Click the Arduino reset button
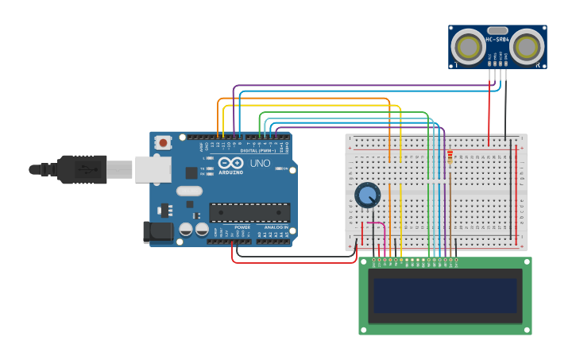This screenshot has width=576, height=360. click(x=163, y=143)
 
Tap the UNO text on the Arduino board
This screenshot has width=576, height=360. click(x=261, y=164)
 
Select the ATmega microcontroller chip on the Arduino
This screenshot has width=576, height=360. click(x=249, y=212)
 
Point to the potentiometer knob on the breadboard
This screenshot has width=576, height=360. click(x=367, y=195)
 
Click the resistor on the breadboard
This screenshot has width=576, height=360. click(x=450, y=159)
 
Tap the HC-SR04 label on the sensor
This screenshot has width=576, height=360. click(x=497, y=40)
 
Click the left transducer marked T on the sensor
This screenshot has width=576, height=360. click(x=468, y=48)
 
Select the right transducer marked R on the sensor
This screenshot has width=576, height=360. click(x=527, y=48)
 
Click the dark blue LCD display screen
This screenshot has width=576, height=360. click(x=445, y=295)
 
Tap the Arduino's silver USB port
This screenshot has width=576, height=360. click(x=153, y=169)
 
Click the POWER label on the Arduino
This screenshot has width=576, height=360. click(x=242, y=227)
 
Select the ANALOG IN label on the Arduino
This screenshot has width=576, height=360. click(x=276, y=227)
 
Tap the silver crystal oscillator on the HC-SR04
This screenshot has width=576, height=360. click(x=497, y=30)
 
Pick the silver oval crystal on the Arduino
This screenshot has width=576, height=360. click(x=189, y=191)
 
